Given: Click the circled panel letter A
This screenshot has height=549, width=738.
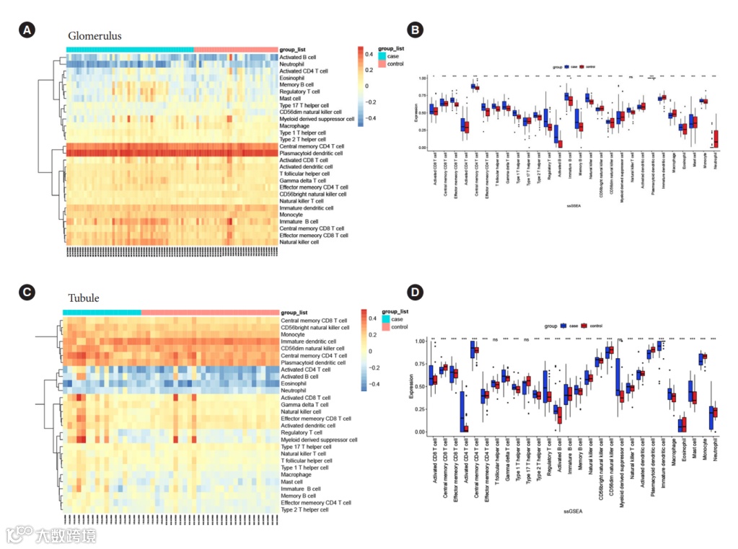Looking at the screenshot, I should point(27,30).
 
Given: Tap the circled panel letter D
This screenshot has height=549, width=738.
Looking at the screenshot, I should point(415,292).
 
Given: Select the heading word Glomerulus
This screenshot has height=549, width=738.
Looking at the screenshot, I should point(95,36).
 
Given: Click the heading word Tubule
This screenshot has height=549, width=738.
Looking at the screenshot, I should point(84,298).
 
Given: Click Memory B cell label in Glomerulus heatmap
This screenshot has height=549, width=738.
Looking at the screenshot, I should point(296,85).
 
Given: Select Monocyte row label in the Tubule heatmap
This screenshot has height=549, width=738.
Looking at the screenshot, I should point(292,334).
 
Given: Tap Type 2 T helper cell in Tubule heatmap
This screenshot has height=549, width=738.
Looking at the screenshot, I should point(304,509).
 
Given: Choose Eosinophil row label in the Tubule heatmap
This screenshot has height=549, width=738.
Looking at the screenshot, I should point(294,383).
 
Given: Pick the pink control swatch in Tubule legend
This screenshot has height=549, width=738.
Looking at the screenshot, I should point(385,327).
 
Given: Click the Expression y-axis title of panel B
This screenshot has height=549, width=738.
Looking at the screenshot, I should point(416,112).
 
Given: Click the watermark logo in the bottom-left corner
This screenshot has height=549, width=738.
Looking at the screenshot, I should point(18,535).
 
